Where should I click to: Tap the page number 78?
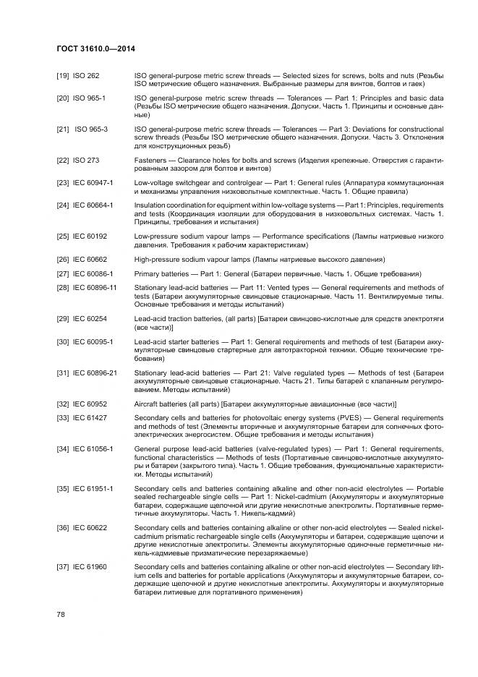click(61, 614)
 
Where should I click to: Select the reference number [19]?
click(63, 76)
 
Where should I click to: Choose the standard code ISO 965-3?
click(91, 129)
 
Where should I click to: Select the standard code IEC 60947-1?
click(93, 183)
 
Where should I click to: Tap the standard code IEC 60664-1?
click(93, 205)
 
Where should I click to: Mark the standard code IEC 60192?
click(90, 237)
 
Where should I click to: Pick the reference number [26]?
click(63, 259)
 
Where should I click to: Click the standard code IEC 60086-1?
click(93, 273)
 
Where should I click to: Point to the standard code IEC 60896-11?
click(95, 288)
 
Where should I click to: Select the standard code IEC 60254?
click(90, 319)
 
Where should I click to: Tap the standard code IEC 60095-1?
click(93, 341)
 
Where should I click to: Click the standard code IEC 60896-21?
click(95, 372)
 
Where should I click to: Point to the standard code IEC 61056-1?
click(93, 449)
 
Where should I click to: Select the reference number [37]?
click(63, 566)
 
